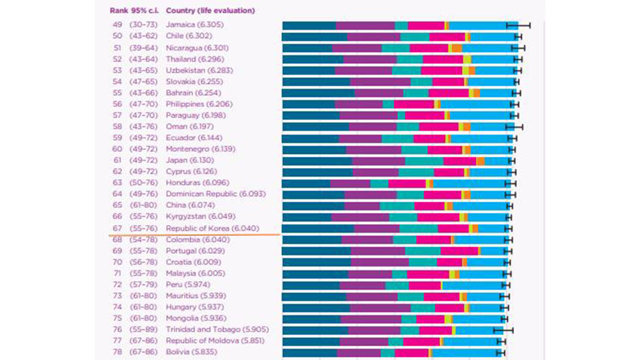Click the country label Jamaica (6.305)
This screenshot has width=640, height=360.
point(194,24)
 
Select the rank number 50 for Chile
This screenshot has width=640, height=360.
point(117,36)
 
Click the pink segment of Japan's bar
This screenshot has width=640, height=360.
point(459,160)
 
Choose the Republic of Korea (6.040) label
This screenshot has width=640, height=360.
point(212,228)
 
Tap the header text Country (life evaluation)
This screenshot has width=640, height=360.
point(210,10)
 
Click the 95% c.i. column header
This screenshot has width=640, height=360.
point(144,10)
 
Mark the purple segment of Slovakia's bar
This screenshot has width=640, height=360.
point(380,81)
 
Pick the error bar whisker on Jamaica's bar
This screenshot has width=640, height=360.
point(518,25)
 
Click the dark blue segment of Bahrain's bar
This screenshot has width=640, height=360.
point(318,93)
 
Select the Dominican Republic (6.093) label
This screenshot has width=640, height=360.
point(215,193)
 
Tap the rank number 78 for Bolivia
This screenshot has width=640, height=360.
point(117,352)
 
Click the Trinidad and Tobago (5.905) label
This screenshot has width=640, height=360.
point(217,329)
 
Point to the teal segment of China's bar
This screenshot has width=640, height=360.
point(397,205)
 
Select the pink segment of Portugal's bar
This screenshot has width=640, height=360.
point(459,250)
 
